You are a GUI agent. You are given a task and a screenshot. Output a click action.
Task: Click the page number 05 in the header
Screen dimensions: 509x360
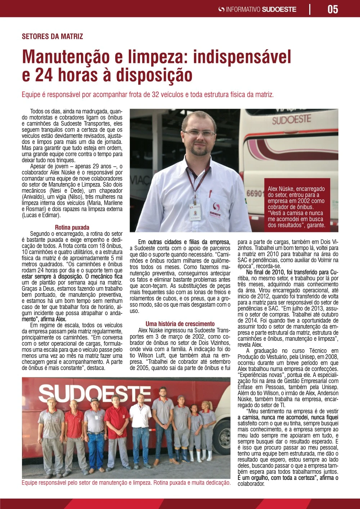333,9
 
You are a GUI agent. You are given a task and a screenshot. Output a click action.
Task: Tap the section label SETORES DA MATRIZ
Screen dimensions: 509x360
53,36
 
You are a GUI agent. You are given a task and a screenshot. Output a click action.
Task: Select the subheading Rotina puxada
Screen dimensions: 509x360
72,227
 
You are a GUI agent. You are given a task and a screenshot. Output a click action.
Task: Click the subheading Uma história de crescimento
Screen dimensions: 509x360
180,324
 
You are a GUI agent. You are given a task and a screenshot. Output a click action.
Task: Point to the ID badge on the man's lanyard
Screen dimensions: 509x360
195,212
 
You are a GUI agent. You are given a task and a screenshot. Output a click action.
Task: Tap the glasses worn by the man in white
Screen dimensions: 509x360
199,133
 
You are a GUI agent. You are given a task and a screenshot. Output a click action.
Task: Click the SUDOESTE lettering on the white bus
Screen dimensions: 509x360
292,119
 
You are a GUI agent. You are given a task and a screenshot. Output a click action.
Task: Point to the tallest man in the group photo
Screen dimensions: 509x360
163,424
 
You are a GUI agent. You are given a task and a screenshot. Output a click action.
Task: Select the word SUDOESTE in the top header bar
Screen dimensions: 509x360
279,9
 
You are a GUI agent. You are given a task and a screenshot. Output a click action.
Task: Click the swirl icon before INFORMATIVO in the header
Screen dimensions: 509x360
221,9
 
